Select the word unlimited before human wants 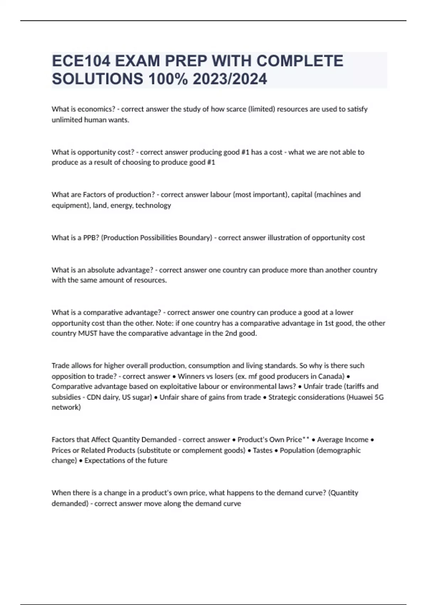tap(67, 120)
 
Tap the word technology tap(153, 205)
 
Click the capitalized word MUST tap(88, 333)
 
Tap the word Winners tap(191, 376)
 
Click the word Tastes tap(263, 450)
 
